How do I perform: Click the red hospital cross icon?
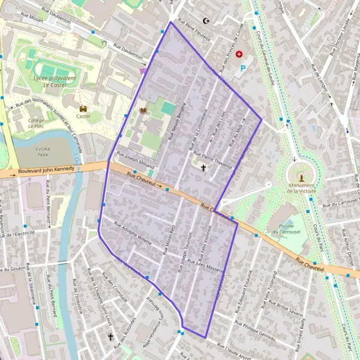pyautogui.click(x=240, y=54)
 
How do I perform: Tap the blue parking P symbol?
pyautogui.click(x=243, y=69)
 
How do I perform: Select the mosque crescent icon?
pyautogui.click(x=207, y=21)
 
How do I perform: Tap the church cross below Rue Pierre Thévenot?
pyautogui.click(x=203, y=169)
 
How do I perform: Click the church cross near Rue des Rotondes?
pyautogui.click(x=110, y=338)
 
